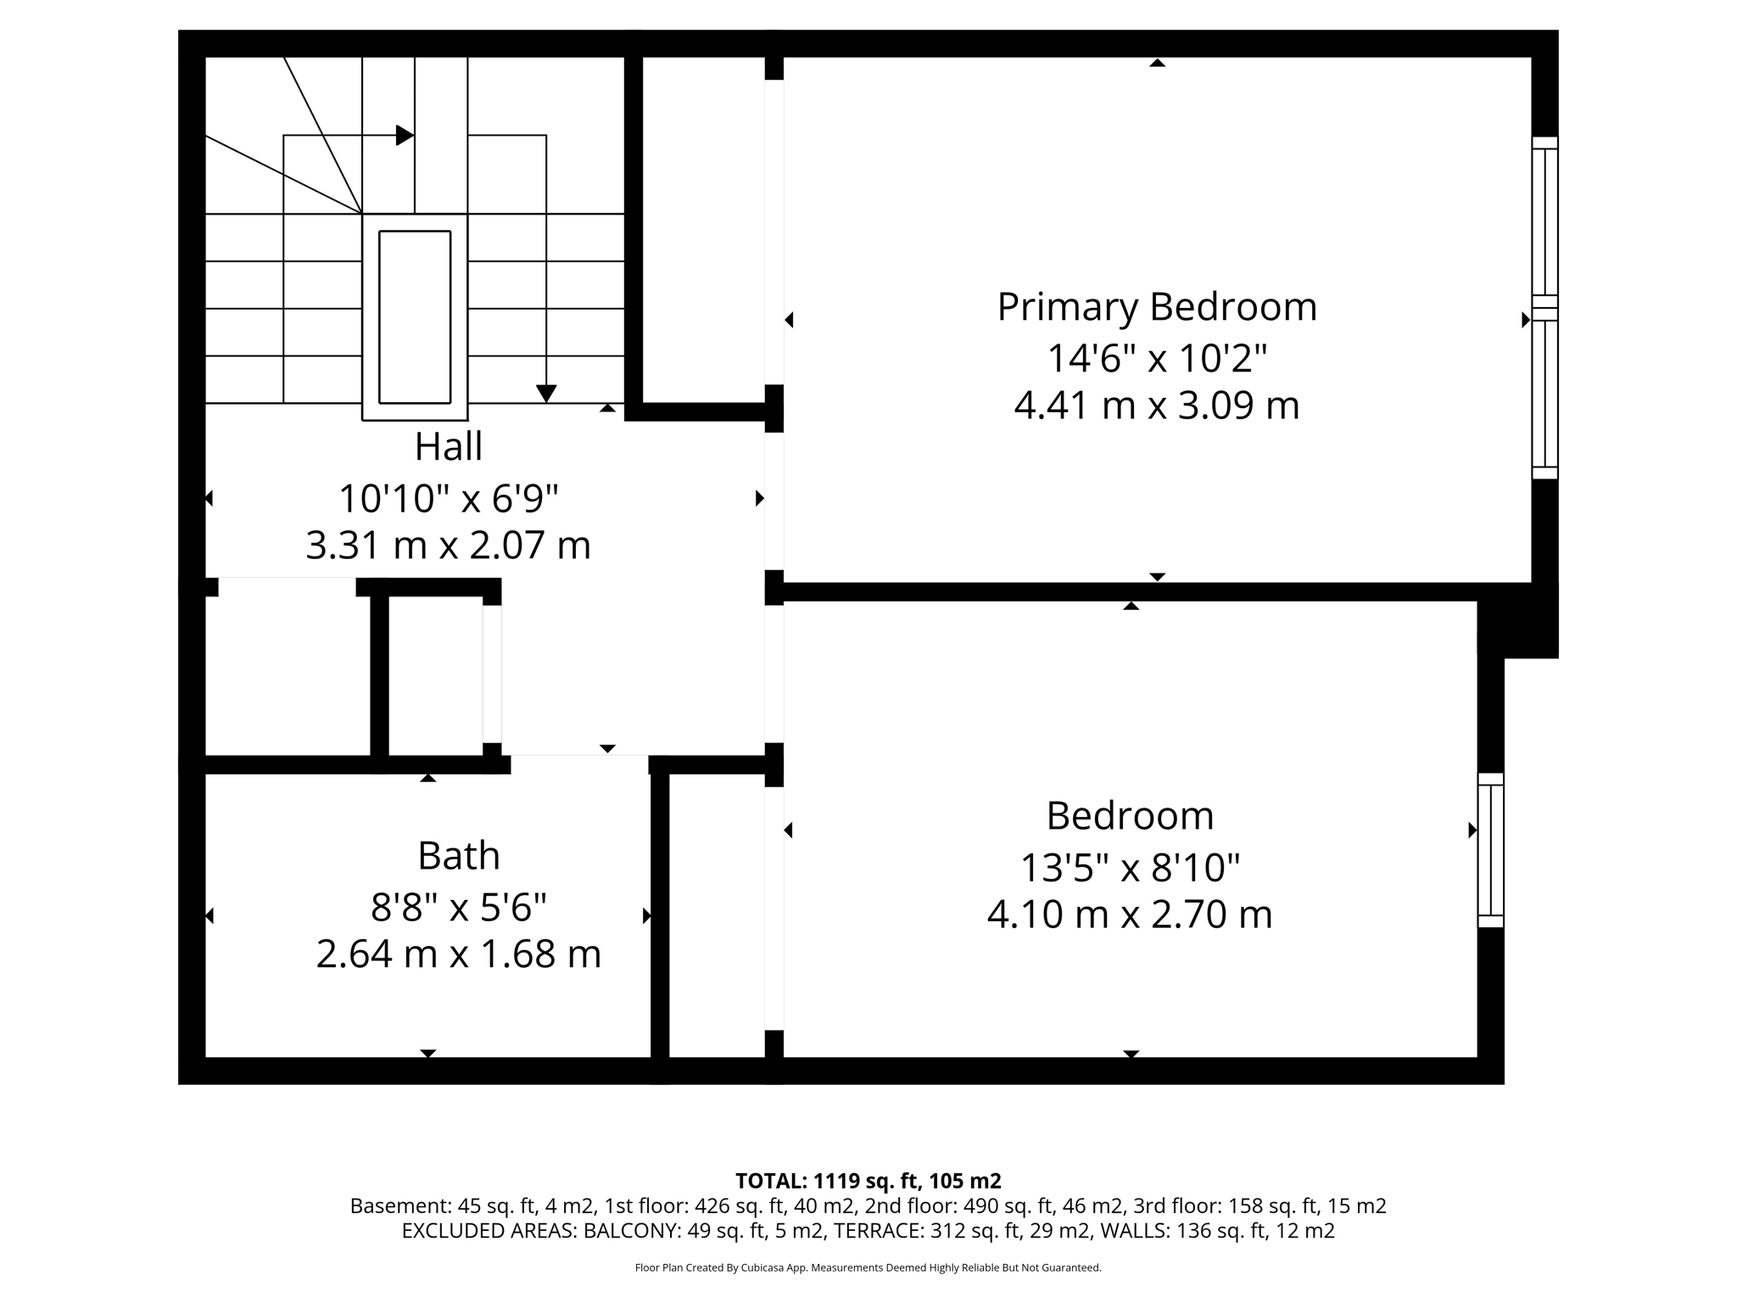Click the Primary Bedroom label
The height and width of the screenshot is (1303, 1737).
pos(1156,307)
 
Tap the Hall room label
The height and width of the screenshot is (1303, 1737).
pos(448,447)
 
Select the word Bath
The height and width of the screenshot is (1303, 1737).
pos(458,855)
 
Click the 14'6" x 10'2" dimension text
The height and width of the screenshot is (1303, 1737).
pos(1156,358)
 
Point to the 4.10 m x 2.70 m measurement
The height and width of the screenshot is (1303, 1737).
pos(1129,914)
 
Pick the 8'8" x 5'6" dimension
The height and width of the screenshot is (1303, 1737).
pos(458,908)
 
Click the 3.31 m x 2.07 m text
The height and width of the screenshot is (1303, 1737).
pos(448,545)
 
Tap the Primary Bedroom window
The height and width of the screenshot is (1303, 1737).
pos(1544,308)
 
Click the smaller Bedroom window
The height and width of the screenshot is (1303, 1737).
pos(1490,850)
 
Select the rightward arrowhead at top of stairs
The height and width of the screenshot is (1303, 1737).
pos(405,135)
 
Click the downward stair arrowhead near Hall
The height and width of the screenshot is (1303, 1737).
pos(546,393)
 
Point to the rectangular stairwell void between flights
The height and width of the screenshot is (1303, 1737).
pos(415,316)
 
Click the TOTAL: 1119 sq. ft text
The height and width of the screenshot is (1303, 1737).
pos(868,1181)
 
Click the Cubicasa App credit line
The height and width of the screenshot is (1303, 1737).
pos(868,1268)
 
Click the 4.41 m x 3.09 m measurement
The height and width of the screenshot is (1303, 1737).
pos(1156,405)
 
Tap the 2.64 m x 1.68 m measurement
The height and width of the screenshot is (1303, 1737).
pos(458,954)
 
